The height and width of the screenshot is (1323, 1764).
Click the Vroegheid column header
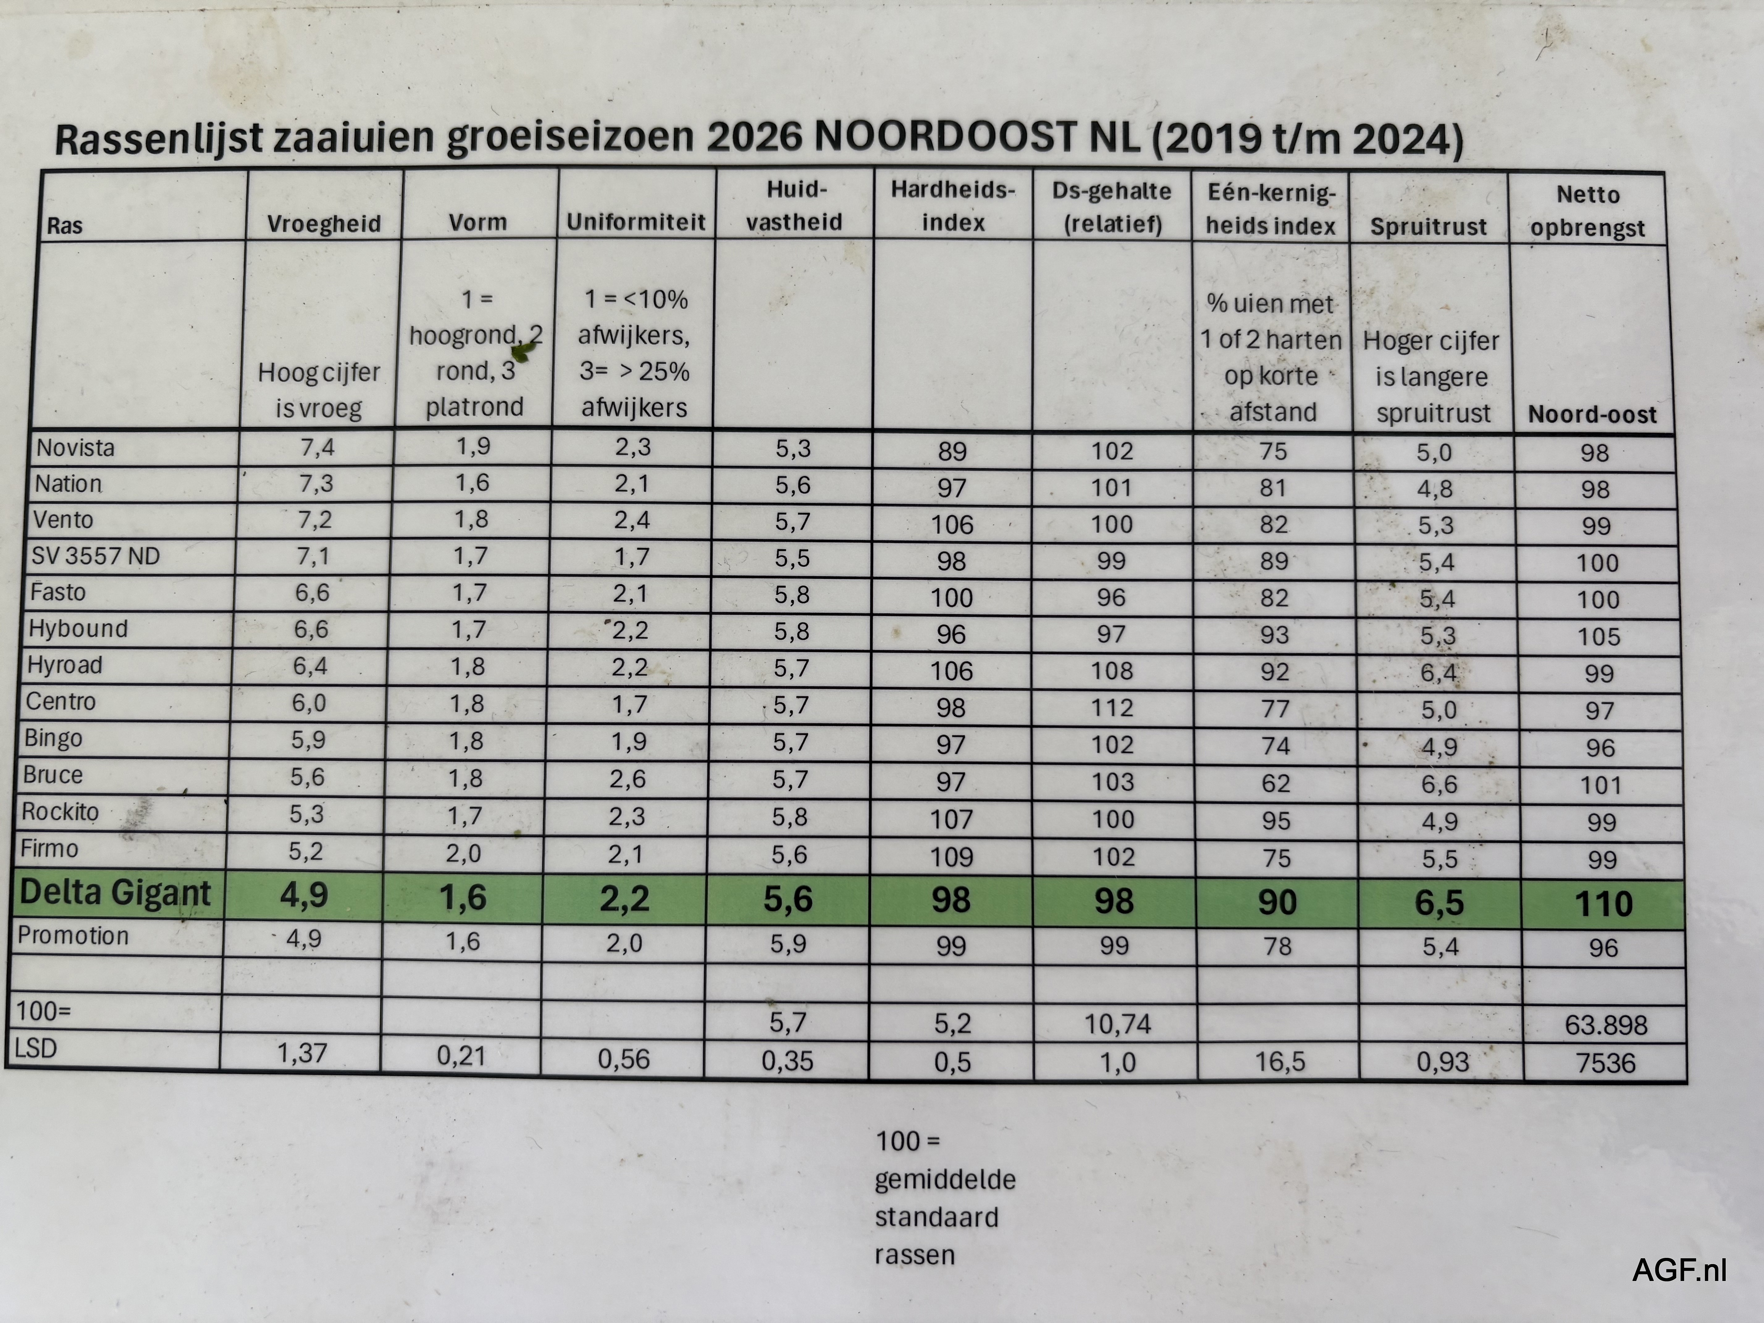point(324,224)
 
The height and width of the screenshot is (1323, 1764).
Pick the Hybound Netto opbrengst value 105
point(1598,636)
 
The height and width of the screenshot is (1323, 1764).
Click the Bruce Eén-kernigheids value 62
point(1275,783)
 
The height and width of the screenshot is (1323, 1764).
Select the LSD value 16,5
point(1280,1061)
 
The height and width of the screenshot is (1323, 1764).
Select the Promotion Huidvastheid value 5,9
point(788,944)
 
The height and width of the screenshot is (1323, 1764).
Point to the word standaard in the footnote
point(936,1217)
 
